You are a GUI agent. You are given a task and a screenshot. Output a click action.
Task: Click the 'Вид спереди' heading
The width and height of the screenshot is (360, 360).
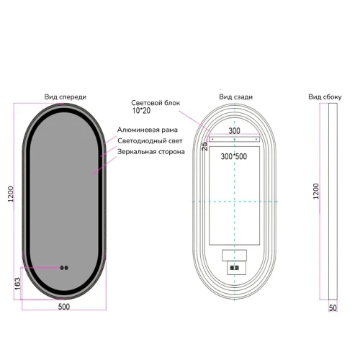pyautogui.click(x=66, y=97)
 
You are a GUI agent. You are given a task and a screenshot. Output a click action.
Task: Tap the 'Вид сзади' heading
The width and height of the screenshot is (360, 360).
pyautogui.click(x=235, y=97)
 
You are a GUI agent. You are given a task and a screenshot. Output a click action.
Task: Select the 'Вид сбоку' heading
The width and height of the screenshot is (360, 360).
pyautogui.click(x=325, y=97)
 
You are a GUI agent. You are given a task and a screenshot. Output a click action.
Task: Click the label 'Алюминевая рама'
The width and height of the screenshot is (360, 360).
pyautogui.click(x=148, y=130)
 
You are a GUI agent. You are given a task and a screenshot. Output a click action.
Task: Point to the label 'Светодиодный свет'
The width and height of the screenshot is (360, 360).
pyautogui.click(x=150, y=141)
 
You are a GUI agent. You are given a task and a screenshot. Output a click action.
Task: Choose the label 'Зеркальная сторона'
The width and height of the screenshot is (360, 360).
pyautogui.click(x=151, y=152)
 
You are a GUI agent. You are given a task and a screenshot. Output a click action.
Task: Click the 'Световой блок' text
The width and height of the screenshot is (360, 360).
pyautogui.click(x=156, y=103)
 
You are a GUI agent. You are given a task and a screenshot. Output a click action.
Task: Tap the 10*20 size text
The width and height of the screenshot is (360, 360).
pyautogui.click(x=141, y=111)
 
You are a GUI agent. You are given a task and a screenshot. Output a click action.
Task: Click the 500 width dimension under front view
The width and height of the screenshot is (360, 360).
pyautogui.click(x=64, y=307)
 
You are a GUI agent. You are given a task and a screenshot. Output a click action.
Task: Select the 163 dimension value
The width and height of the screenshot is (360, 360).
pyautogui.click(x=17, y=284)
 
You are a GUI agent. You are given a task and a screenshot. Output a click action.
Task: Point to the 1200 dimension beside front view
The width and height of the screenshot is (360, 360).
pyautogui.click(x=11, y=194)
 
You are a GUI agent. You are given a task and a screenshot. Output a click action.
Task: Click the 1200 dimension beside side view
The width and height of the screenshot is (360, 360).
pyautogui.click(x=316, y=192)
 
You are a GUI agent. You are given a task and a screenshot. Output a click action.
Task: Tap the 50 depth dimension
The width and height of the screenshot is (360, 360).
pyautogui.click(x=333, y=308)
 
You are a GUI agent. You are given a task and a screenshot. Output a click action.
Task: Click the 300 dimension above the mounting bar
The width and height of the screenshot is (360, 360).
pyautogui.click(x=234, y=131)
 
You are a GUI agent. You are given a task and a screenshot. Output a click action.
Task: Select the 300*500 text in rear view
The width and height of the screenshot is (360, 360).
pyautogui.click(x=234, y=156)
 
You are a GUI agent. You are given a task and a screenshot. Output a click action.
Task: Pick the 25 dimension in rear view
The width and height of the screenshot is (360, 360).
pyautogui.click(x=204, y=146)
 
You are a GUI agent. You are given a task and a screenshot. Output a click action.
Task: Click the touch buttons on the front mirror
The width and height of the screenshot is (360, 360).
pyautogui.click(x=64, y=268)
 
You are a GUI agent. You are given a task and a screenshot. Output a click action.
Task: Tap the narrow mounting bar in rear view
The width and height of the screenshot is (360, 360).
pyautogui.click(x=234, y=139)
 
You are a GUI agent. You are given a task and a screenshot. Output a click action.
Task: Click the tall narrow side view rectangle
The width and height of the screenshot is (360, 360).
pyautogui.click(x=333, y=202)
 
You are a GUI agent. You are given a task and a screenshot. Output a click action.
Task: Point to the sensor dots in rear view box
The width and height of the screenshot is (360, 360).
pyautogui.click(x=234, y=268)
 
